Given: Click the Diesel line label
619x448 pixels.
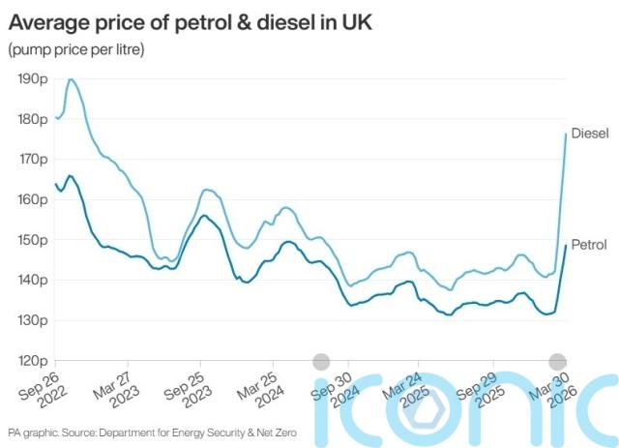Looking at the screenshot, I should (x=589, y=134).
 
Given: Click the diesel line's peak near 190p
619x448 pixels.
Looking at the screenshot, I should (x=71, y=79).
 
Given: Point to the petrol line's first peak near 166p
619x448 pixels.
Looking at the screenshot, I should (x=70, y=176).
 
